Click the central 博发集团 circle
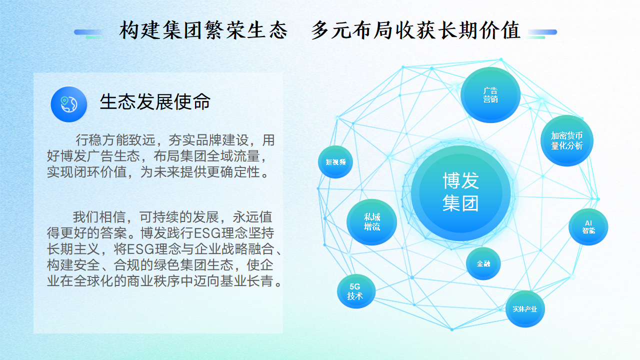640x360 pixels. pos(460,193)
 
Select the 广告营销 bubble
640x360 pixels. pos(490,95)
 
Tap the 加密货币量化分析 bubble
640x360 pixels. pos(567,140)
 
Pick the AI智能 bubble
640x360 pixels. pos(588,227)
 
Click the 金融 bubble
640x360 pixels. pos(483,263)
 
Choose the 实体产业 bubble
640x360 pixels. pos(525,309)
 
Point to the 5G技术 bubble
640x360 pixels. pos(356,291)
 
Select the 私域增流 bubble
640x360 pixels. pos(371,222)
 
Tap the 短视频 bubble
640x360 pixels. pos(335,162)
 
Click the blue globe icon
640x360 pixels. pos(69,104)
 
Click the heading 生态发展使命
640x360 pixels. pos(155,101)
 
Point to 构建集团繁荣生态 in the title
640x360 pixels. pos(203,30)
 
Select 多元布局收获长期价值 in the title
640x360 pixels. pos(415,30)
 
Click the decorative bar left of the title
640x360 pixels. pos(88,33)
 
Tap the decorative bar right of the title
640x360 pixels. pos(542,33)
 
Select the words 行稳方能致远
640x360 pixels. pos(115,140)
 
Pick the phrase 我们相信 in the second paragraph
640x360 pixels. pos(99,217)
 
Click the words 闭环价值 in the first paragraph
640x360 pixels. pos(100,172)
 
